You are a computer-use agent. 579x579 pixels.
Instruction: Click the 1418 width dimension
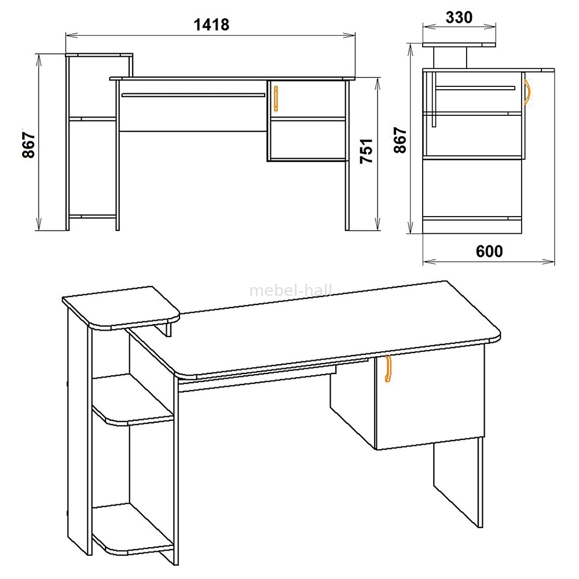pyautogui.click(x=211, y=24)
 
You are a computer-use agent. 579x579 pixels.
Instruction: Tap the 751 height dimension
pyautogui.click(x=367, y=151)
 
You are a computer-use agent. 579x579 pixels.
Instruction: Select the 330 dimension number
pyautogui.click(x=459, y=17)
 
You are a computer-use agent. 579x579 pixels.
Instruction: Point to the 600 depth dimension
pyautogui.click(x=489, y=251)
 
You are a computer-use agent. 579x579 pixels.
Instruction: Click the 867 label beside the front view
pyautogui.click(x=28, y=145)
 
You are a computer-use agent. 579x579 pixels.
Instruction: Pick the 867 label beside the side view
pyautogui.click(x=400, y=140)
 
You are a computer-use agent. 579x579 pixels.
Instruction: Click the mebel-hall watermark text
pyautogui.click(x=291, y=291)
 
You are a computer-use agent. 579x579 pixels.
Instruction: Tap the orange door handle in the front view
pyautogui.click(x=276, y=98)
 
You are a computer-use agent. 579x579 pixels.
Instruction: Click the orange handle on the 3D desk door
pyautogui.click(x=388, y=368)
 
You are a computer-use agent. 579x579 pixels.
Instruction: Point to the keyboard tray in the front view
pyautogui.click(x=193, y=95)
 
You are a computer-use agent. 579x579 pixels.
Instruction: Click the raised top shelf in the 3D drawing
pyautogui.click(x=121, y=307)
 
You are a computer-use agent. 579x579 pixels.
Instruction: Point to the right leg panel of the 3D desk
pyautogui.click(x=458, y=482)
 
